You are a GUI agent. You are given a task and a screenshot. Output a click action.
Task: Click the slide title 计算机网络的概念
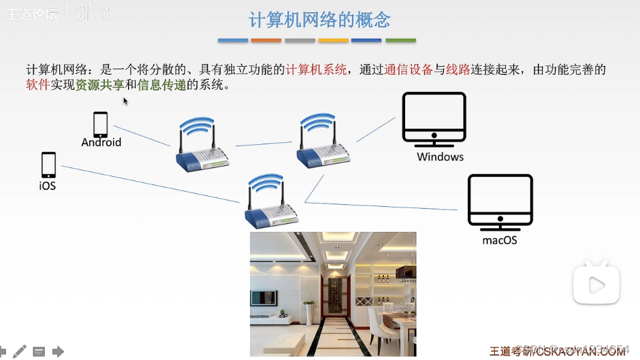tap(319, 19)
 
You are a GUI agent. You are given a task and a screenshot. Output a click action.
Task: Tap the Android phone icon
tap(101, 125)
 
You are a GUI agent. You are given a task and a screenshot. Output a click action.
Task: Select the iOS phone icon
tap(48, 165)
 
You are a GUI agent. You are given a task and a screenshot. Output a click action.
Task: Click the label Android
tap(101, 142)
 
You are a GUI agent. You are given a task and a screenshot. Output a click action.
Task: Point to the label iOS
tap(48, 185)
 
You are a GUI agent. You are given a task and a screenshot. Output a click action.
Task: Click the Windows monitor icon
tap(434, 119)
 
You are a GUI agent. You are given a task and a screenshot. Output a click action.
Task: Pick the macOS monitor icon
tap(500, 201)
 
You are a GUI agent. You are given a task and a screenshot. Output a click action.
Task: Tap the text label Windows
tap(441, 157)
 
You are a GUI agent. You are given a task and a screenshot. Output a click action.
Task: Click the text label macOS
tap(500, 240)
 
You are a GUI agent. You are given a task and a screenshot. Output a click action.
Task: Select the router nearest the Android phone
tap(202, 146)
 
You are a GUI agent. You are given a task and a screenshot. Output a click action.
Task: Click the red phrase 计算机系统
tap(316, 70)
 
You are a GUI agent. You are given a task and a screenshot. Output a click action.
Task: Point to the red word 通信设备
tap(409, 70)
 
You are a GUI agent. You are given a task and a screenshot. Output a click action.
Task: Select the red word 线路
tap(458, 70)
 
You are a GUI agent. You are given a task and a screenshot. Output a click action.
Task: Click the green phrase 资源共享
tap(100, 86)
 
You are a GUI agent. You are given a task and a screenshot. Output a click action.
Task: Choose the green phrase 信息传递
tap(162, 86)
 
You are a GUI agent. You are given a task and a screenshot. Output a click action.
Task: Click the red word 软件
tap(38, 86)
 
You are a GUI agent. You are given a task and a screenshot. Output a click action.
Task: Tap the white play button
tap(596, 284)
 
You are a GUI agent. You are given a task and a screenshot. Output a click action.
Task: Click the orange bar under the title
tap(266, 41)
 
